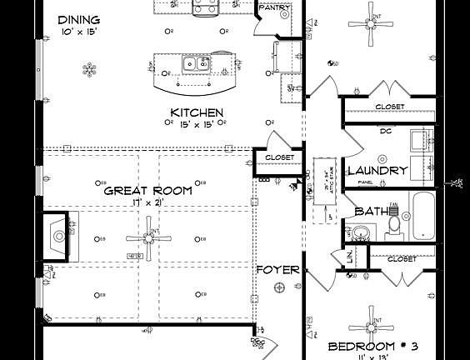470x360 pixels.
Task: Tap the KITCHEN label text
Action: [x=197, y=112]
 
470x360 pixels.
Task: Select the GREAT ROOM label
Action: [x=147, y=190]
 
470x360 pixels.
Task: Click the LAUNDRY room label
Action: [x=382, y=170]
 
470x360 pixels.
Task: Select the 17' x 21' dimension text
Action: [x=148, y=202]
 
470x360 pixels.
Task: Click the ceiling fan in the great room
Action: [x=149, y=237]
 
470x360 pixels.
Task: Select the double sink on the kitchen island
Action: [x=197, y=62]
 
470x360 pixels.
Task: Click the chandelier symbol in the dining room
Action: [x=89, y=69]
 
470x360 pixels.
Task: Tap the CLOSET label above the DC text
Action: [x=389, y=107]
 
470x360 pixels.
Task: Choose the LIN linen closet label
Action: [x=348, y=258]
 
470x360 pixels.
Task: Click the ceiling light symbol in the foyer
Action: [x=279, y=287]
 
